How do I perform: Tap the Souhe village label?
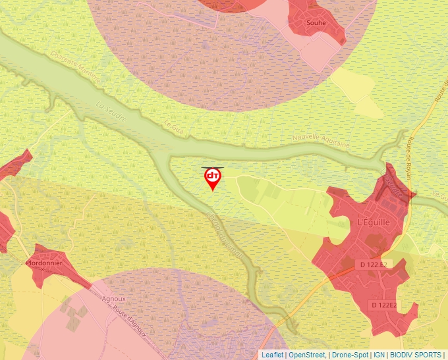(x=316, y=23)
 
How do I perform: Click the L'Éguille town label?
(x=373, y=223)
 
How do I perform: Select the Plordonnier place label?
(x=44, y=263)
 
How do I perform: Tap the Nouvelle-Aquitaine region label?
(x=322, y=141)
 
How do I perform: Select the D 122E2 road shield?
(x=384, y=305)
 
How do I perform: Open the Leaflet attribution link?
(x=272, y=355)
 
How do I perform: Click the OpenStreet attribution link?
(x=307, y=355)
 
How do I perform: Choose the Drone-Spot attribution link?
(x=350, y=355)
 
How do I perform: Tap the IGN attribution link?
(x=379, y=355)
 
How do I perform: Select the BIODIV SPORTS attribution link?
(x=416, y=355)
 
